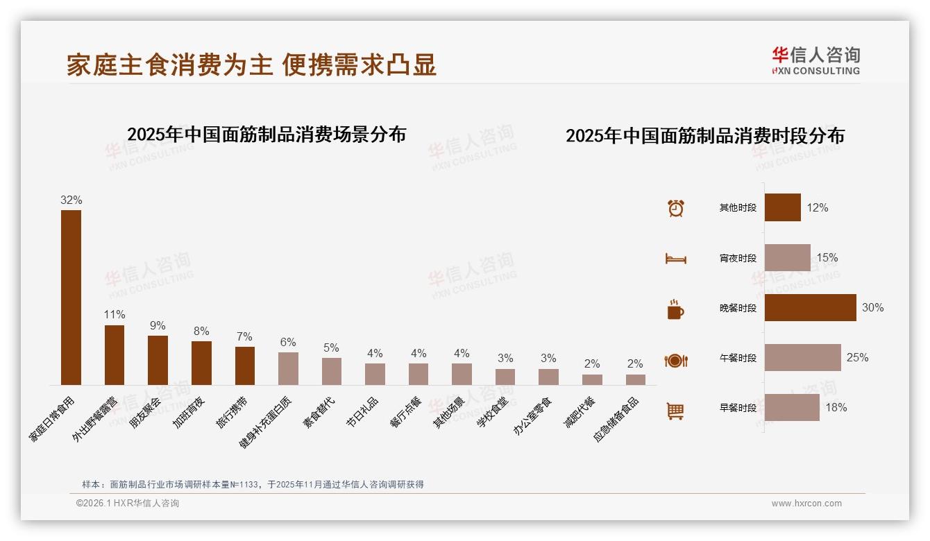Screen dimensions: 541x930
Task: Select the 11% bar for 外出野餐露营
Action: pyautogui.click(x=115, y=354)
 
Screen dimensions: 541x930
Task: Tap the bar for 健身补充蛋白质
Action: pyautogui.click(x=288, y=368)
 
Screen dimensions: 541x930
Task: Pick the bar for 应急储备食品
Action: pyautogui.click(x=635, y=379)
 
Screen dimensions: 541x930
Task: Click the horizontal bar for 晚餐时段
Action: pyautogui.click(x=810, y=307)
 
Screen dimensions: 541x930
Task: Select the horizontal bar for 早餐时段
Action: pyautogui.click(x=792, y=407)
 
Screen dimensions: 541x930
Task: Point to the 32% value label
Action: pyautogui.click(x=71, y=200)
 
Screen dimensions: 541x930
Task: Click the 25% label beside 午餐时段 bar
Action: pyautogui.click(x=857, y=357)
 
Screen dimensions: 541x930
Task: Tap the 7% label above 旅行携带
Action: pyautogui.click(x=244, y=336)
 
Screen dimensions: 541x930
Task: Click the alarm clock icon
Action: pyautogui.click(x=675, y=208)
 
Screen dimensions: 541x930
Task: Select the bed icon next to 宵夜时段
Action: pyautogui.click(x=675, y=259)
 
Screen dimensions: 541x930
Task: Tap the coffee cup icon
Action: pyautogui.click(x=675, y=309)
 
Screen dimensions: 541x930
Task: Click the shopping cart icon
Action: pyautogui.click(x=675, y=411)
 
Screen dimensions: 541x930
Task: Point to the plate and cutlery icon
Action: pyautogui.click(x=675, y=361)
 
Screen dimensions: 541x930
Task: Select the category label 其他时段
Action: pyautogui.click(x=738, y=208)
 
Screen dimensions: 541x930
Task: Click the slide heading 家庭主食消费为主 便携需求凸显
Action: pyautogui.click(x=251, y=65)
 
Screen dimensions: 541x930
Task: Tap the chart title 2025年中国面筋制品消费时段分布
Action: pyautogui.click(x=704, y=136)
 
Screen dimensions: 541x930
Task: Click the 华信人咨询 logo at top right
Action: pyautogui.click(x=815, y=60)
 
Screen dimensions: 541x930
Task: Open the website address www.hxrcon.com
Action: pyautogui.click(x=806, y=504)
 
